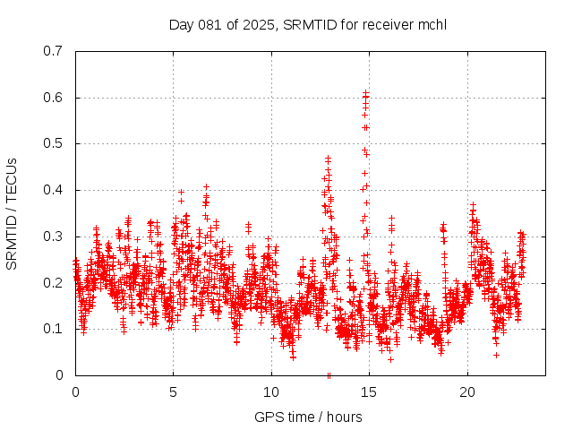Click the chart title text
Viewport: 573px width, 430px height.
tap(308, 24)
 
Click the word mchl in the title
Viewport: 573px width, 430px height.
tap(432, 24)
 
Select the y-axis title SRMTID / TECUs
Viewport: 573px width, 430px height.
tap(12, 213)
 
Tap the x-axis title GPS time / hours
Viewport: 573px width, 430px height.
tap(308, 417)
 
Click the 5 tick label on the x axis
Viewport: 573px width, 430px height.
tap(173, 392)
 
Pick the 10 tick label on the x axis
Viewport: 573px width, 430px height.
tap(271, 392)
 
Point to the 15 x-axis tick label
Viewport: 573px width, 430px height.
tap(369, 392)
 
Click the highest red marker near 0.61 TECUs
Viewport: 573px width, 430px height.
tap(365, 92)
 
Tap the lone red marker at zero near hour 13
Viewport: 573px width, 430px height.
tap(329, 375)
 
